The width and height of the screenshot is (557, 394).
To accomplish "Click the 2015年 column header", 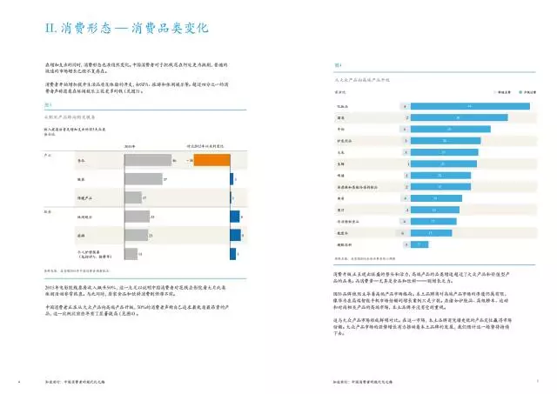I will [130, 146].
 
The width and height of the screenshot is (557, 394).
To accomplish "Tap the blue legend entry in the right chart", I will [508, 90].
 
